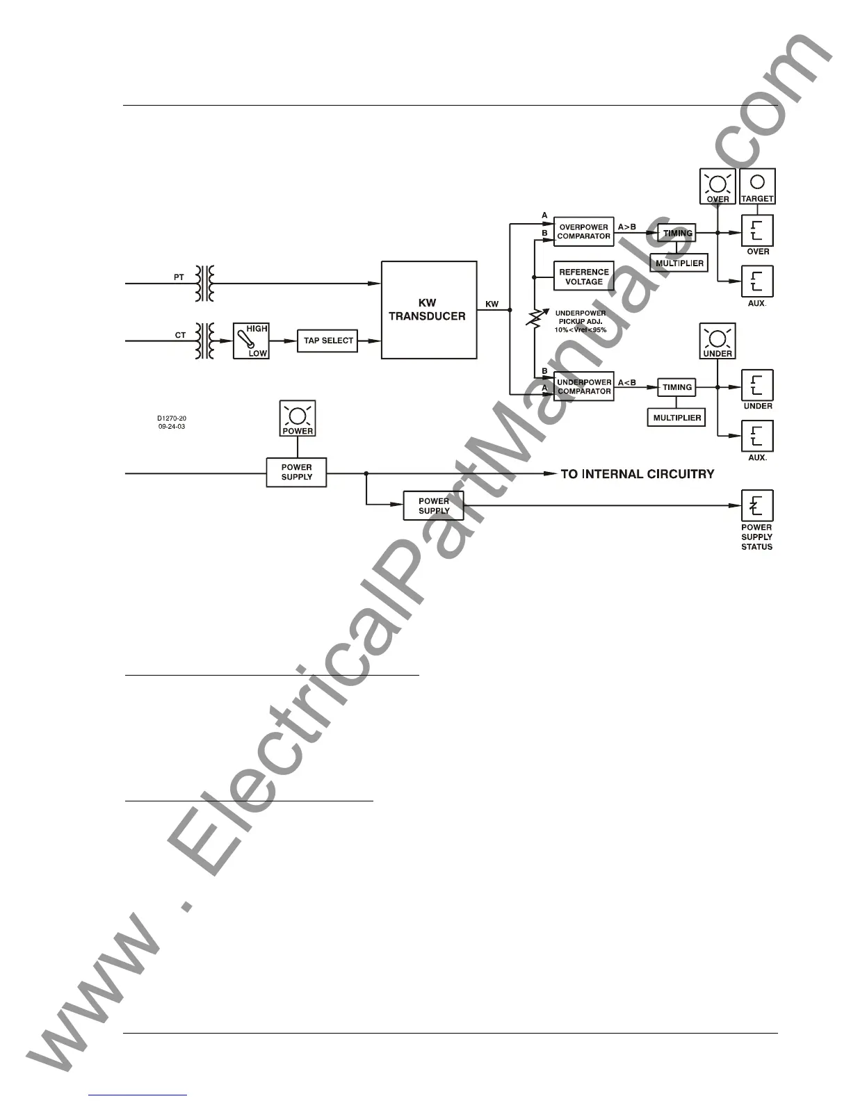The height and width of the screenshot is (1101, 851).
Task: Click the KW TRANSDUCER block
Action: pos(429,310)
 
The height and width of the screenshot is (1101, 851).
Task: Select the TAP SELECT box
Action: pos(328,341)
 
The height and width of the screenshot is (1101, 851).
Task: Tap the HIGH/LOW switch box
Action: pos(250,341)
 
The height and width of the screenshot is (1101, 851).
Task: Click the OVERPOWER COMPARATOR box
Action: pos(584,231)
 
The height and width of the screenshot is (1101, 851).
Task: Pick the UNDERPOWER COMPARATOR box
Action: pos(584,386)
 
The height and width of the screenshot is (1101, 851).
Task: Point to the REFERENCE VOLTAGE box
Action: pos(584,277)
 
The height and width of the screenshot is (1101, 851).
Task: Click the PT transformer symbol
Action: pos(204,284)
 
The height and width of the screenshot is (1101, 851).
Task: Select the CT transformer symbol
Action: pos(204,341)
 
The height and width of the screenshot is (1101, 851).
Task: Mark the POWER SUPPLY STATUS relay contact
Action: pos(757,506)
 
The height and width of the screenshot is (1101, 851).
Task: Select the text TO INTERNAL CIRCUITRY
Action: pos(638,474)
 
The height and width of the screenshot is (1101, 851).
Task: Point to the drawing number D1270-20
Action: pos(172,418)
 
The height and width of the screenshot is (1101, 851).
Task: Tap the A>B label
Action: pos(627,227)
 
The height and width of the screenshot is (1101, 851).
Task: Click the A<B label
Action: pos(627,382)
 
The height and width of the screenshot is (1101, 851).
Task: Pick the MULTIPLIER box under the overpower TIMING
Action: pos(679,263)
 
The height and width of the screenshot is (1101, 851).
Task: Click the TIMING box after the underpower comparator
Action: pos(677,387)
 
